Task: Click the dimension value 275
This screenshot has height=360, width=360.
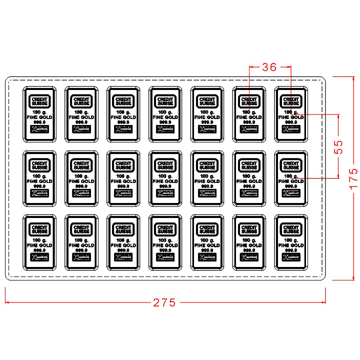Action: [164, 302]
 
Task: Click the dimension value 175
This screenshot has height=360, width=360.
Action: [353, 177]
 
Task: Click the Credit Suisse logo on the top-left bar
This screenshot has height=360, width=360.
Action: [39, 100]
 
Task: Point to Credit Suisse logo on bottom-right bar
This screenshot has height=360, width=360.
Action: [291, 229]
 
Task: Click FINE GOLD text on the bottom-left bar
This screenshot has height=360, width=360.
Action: [39, 245]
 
